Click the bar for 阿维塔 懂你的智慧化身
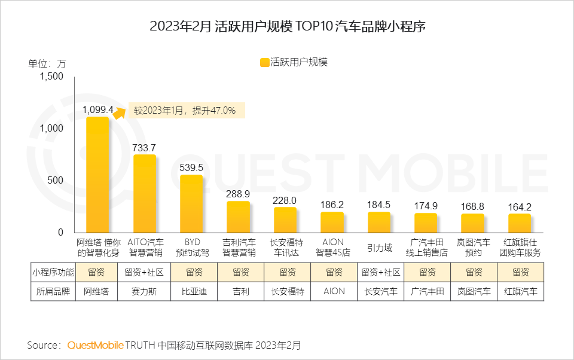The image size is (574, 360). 97,175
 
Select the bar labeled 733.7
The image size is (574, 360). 144,194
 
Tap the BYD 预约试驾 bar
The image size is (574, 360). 191,204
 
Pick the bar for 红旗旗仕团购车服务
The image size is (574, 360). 520,223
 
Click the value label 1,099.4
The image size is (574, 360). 97,109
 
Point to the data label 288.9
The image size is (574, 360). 238,194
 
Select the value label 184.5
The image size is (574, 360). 379,205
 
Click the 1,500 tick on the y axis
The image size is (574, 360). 51,77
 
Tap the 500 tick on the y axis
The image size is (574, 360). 56,181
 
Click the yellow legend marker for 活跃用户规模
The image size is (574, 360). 264,62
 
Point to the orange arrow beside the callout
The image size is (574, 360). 120,111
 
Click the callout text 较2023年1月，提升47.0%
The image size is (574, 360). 184,111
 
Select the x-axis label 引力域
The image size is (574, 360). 379,247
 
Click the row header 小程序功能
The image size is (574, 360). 53,273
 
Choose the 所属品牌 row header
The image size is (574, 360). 53,292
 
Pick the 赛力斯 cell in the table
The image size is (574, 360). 144,292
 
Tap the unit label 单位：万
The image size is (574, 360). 47,63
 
